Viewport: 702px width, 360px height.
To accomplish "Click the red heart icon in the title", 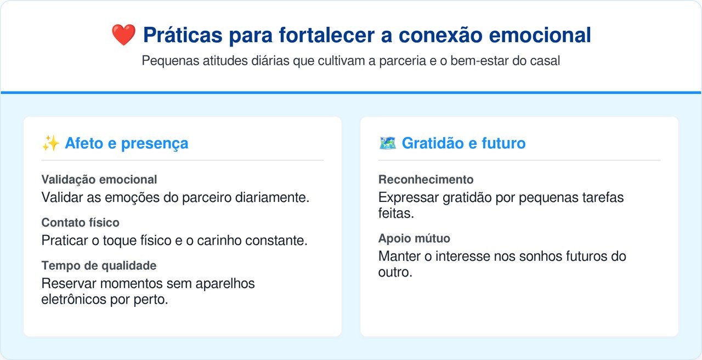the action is click(123, 35).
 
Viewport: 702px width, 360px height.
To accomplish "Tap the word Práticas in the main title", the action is click(183, 35).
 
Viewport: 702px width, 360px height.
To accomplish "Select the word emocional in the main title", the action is click(540, 35).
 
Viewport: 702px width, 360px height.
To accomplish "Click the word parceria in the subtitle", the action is click(403, 61).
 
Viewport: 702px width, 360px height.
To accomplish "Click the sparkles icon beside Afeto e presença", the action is click(51, 143).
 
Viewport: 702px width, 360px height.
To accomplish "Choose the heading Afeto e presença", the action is click(127, 143).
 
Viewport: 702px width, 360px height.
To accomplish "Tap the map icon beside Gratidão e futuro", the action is click(387, 143).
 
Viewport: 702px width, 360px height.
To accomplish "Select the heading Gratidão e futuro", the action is click(463, 143).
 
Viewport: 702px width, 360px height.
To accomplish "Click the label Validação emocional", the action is click(99, 179).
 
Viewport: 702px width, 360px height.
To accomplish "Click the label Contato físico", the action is click(80, 223).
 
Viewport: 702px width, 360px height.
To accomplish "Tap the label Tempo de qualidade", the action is click(99, 266).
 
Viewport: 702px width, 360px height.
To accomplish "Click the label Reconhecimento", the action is click(426, 179).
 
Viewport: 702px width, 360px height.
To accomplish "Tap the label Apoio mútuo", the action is click(414, 239).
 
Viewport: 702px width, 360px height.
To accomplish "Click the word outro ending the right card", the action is click(395, 272).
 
